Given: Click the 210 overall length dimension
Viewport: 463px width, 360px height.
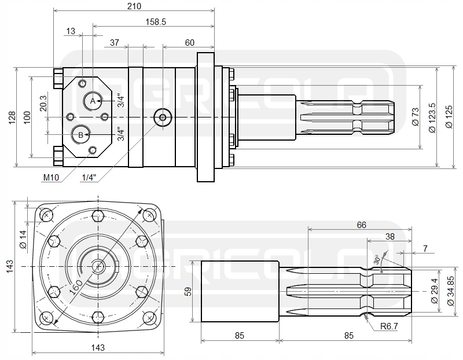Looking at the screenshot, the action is tap(134, 6).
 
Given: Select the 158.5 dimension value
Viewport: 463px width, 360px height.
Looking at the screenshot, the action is tap(156, 22).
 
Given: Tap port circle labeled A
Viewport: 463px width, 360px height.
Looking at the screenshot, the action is tap(93, 101).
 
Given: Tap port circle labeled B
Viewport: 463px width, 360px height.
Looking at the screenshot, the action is tap(80, 135).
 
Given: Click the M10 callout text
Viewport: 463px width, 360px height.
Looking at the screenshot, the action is tap(51, 178).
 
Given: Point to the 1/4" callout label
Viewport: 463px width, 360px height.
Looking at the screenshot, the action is tap(89, 178).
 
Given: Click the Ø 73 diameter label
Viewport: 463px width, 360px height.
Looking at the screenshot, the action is tap(415, 117).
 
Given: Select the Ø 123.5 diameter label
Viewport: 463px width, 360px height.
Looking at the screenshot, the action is tap(432, 118).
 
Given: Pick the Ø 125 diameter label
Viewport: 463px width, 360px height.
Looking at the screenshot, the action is tap(449, 117).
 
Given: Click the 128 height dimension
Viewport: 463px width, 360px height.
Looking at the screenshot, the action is tap(12, 117).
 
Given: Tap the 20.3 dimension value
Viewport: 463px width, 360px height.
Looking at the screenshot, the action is tap(43, 103).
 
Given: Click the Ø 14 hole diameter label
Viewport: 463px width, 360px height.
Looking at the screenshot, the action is tap(23, 239).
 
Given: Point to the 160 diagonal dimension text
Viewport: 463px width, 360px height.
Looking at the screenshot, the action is tap(76, 287).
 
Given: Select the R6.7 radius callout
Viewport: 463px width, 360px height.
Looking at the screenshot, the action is tap(389, 326).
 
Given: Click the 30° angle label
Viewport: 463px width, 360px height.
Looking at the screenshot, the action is tap(377, 259).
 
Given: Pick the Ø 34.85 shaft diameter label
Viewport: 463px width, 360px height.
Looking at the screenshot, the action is tap(451, 291).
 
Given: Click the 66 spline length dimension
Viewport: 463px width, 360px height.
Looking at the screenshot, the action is tap(361, 225).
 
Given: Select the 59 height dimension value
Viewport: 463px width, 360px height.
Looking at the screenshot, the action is tap(189, 292).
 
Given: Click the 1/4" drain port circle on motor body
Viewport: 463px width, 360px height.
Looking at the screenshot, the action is tap(163, 117).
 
